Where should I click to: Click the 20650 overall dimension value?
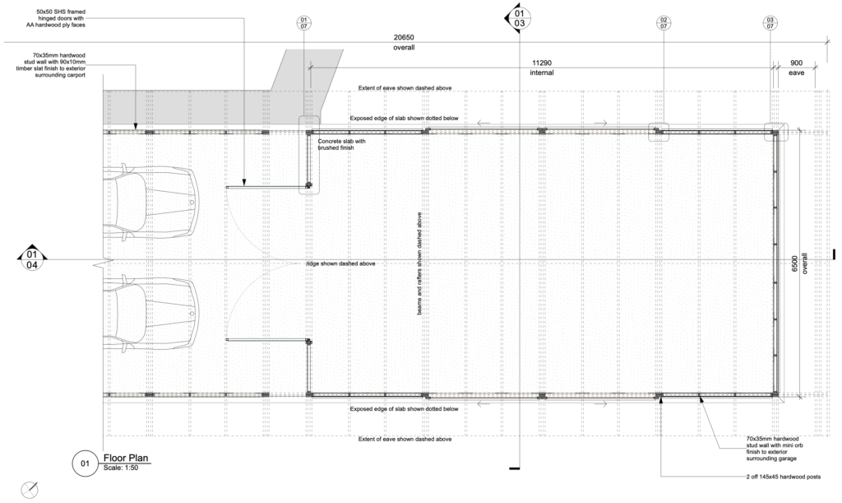point(404,38)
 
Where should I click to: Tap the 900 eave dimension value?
point(796,63)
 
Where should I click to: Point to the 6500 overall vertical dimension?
point(795,263)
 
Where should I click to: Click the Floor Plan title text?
point(126,458)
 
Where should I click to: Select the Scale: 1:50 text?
point(121,468)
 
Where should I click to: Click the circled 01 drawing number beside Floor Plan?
point(85,463)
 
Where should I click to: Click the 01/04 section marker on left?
point(32,259)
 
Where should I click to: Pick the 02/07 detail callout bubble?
point(664,22)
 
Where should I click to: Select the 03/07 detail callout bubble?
point(770,22)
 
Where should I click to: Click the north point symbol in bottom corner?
point(30,490)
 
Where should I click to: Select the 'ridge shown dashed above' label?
point(340,264)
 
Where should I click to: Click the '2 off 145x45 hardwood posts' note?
point(783,477)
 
